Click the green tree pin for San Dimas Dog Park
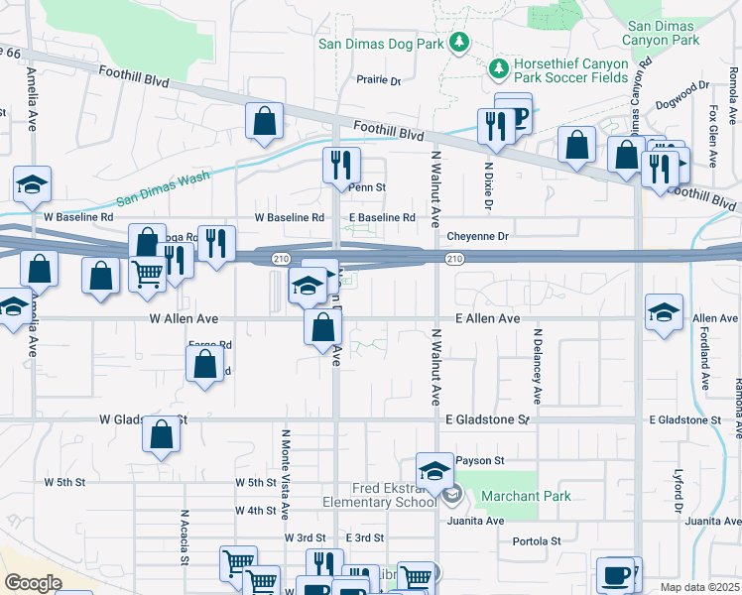tap(458, 43)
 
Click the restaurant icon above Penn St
tap(341, 164)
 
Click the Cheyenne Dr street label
tap(477, 236)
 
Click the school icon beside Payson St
tap(434, 469)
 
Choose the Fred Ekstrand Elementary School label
tap(380, 495)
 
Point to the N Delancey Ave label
tap(537, 367)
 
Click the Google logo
tap(33, 583)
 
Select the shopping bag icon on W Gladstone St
tap(161, 434)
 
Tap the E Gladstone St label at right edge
tap(685, 420)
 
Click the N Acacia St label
tap(184, 535)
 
